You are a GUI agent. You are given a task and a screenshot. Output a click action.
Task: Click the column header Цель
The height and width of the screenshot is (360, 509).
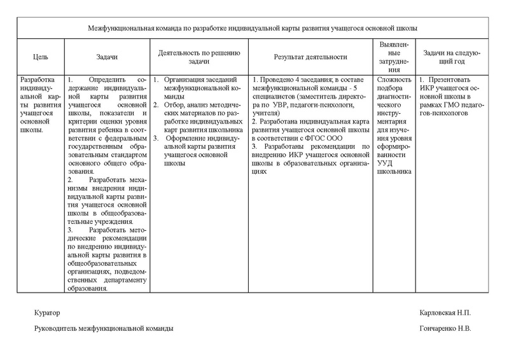point(40,57)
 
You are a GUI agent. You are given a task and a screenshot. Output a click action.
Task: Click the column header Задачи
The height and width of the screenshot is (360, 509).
point(107,57)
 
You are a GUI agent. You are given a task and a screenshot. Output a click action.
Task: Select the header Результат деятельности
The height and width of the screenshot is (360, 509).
point(310,57)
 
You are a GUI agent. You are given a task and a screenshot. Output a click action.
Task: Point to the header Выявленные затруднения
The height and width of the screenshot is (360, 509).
point(394,57)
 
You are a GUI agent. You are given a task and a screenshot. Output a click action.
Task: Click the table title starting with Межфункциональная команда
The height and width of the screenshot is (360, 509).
point(253,29)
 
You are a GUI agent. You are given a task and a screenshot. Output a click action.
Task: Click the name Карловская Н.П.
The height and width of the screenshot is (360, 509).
point(445,314)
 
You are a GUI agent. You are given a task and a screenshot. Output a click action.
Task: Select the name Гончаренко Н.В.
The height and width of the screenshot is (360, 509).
point(445,329)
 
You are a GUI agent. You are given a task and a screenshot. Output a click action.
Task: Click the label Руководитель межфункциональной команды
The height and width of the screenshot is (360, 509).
point(103,329)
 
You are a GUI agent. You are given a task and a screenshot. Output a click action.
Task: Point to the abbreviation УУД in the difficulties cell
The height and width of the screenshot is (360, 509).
point(386,163)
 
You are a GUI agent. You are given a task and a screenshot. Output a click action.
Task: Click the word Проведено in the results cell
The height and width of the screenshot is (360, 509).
point(275,80)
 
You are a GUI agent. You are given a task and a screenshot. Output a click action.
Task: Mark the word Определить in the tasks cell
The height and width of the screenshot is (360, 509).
point(108,80)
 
